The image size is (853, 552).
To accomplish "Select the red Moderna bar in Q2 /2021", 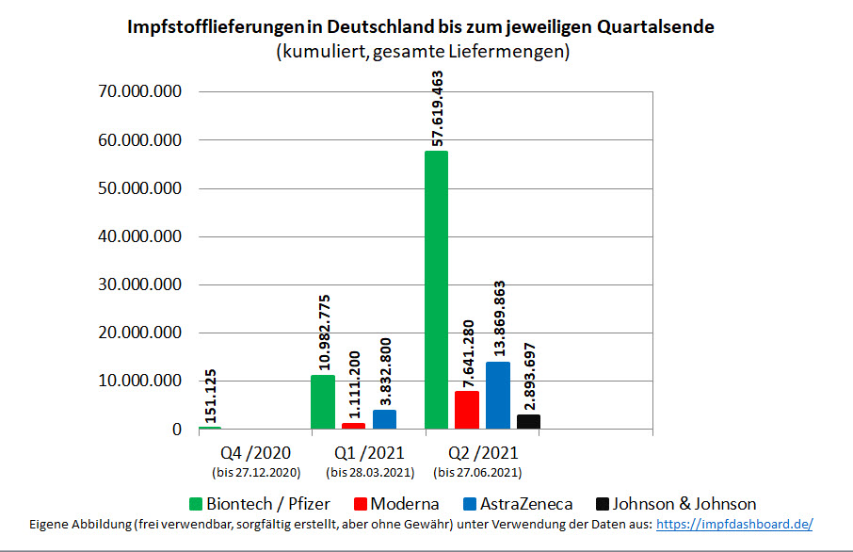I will [x=467, y=411].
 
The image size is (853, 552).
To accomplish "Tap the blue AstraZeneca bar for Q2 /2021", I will [x=498, y=396].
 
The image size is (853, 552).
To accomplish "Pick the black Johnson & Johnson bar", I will [x=529, y=422].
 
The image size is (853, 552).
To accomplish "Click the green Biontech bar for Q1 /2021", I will [x=323, y=402].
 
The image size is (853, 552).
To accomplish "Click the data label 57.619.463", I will [x=437, y=107].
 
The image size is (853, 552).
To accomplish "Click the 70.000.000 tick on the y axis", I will [x=138, y=92].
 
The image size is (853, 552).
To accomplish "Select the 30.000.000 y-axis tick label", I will [x=138, y=284].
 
